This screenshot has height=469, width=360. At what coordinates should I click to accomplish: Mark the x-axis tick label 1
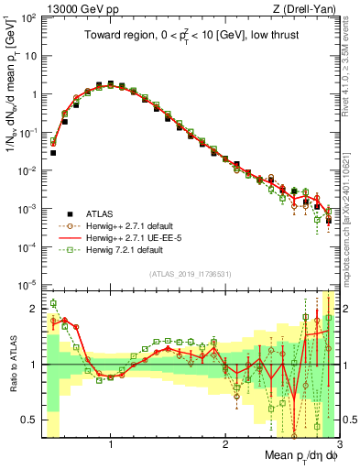[x=111, y=444]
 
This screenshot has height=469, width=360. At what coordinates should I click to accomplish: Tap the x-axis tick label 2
[x=224, y=444]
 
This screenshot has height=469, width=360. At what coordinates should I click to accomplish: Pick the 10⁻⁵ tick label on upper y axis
[x=30, y=284]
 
